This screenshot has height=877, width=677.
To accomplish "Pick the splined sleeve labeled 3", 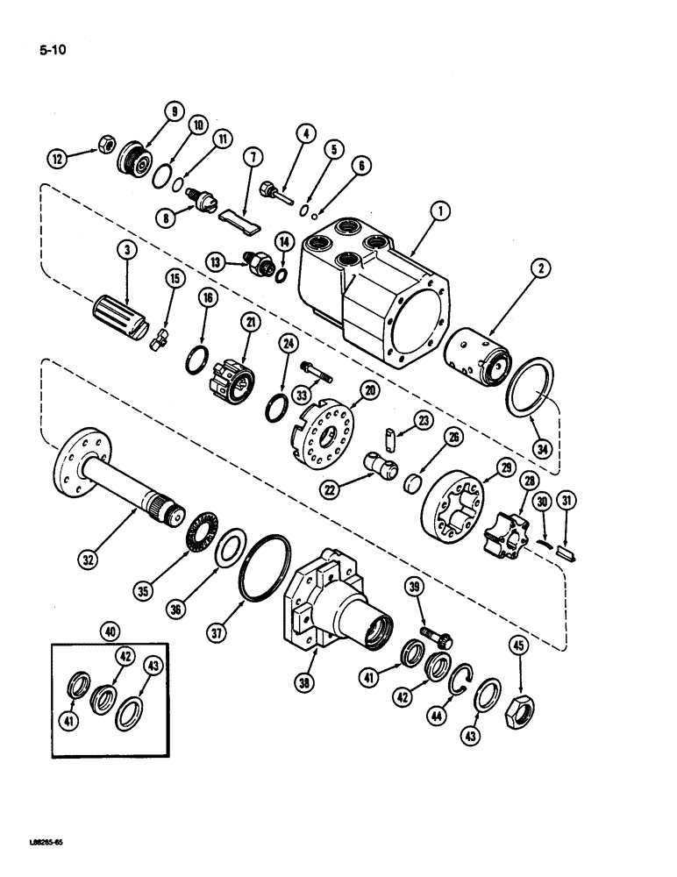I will point(118,309).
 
